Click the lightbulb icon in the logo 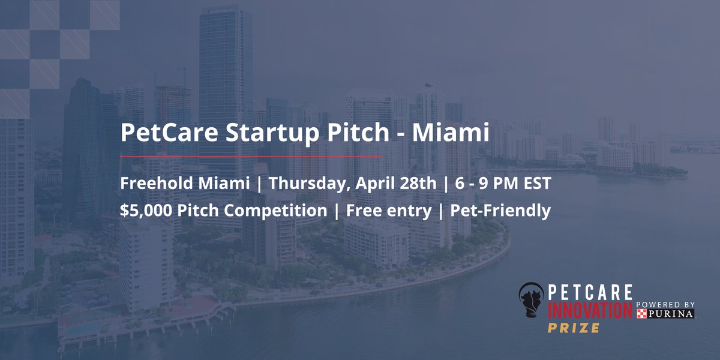pyautogui.click(x=532, y=306)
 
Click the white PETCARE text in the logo pyautogui.click(x=591, y=293)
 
